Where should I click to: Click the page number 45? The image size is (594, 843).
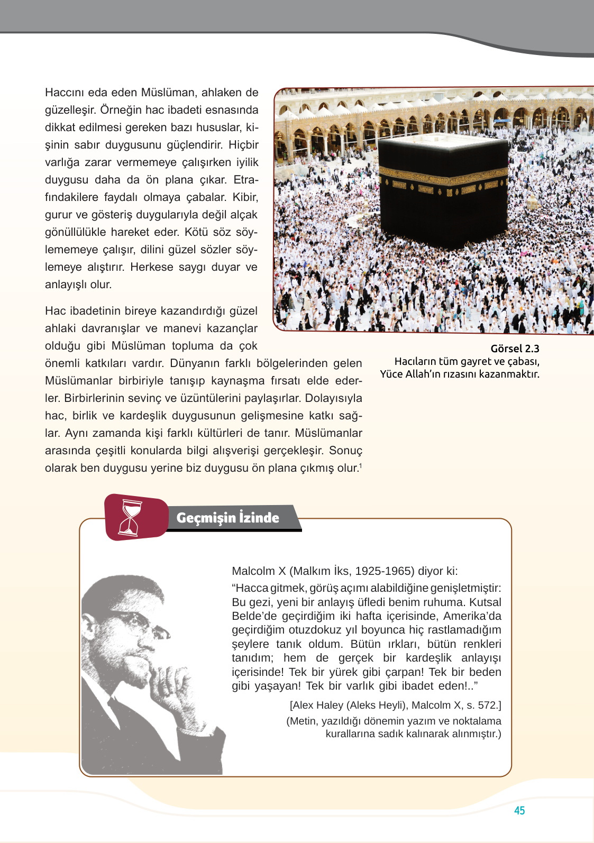click(519, 810)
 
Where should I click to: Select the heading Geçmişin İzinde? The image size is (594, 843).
click(227, 517)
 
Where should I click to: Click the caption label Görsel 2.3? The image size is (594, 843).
click(515, 349)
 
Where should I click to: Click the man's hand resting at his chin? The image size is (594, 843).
click(169, 682)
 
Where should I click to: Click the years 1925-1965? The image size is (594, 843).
click(385, 571)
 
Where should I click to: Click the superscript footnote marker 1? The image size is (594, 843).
click(360, 465)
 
